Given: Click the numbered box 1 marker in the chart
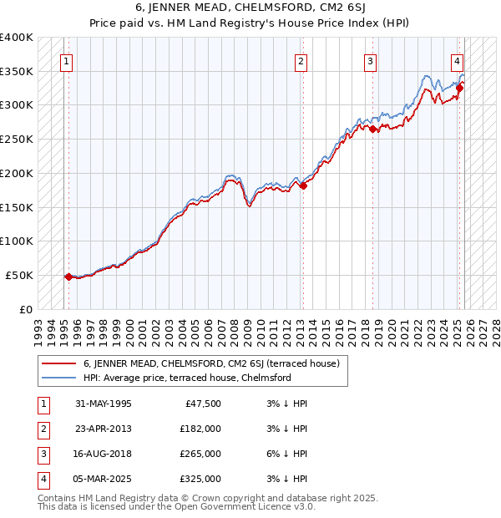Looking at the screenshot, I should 65,60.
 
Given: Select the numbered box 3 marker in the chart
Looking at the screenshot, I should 370,60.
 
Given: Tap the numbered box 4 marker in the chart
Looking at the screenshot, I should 458,60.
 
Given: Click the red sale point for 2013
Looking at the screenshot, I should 303,185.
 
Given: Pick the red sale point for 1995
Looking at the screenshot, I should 68,277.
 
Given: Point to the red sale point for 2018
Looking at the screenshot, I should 373,129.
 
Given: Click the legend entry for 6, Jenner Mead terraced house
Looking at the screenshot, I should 210,363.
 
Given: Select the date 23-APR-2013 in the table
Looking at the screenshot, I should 103,429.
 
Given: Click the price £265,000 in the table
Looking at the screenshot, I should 200,454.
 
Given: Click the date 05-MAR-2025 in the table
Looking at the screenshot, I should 103,479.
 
